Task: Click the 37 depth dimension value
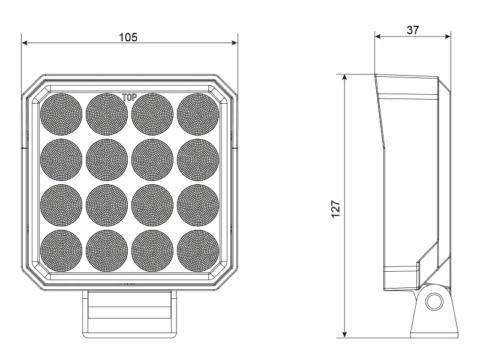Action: click(x=413, y=30)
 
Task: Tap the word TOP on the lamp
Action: click(x=129, y=97)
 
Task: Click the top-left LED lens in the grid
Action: click(x=61, y=113)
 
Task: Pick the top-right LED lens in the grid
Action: click(x=198, y=113)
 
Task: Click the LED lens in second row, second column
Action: click(x=107, y=159)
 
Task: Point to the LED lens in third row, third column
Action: click(x=152, y=205)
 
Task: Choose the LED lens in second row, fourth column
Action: click(x=198, y=159)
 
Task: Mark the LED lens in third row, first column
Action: click(x=61, y=205)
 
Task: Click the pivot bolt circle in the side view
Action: click(x=433, y=302)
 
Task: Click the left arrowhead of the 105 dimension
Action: click(x=25, y=43)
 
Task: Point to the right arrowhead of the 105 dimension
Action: click(x=235, y=43)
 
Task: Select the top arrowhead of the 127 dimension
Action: click(x=345, y=78)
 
